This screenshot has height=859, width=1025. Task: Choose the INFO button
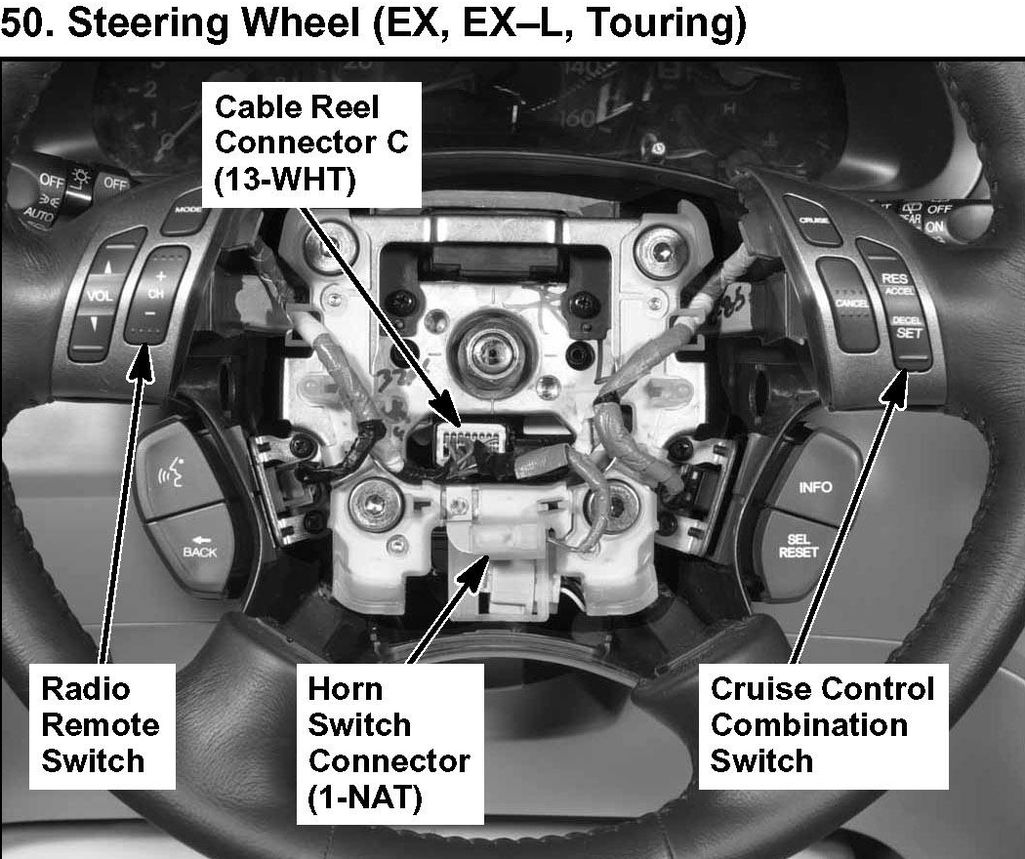pos(815,487)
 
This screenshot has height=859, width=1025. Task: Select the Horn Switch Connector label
pos(389,742)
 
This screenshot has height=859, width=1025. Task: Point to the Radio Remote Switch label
pos(101,725)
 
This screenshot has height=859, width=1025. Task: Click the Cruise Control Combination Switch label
pos(823,724)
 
